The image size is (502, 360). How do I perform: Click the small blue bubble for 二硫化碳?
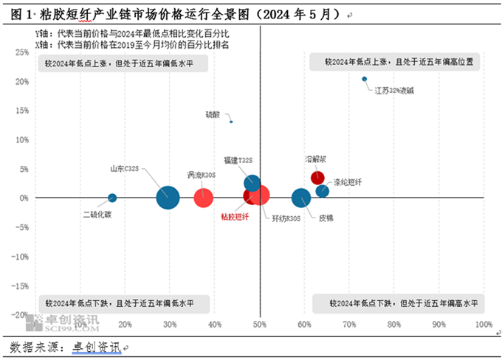(112, 198)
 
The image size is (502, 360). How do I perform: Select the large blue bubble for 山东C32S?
(168, 198)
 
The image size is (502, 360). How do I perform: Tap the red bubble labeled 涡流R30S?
(203, 198)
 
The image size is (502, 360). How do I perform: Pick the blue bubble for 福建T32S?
(252, 184)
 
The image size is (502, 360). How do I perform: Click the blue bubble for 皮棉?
(301, 198)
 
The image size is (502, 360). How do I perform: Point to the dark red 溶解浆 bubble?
(317, 178)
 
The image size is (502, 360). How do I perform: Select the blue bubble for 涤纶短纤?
(323, 191)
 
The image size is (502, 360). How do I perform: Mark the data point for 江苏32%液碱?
(364, 79)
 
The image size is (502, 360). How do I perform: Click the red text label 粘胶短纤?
(235, 216)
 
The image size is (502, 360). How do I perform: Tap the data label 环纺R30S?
(286, 218)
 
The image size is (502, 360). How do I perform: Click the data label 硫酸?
(212, 114)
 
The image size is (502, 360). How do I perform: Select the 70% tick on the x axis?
(350, 325)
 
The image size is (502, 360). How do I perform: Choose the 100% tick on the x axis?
(483, 325)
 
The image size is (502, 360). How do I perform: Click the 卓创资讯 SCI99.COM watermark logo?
(63, 322)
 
